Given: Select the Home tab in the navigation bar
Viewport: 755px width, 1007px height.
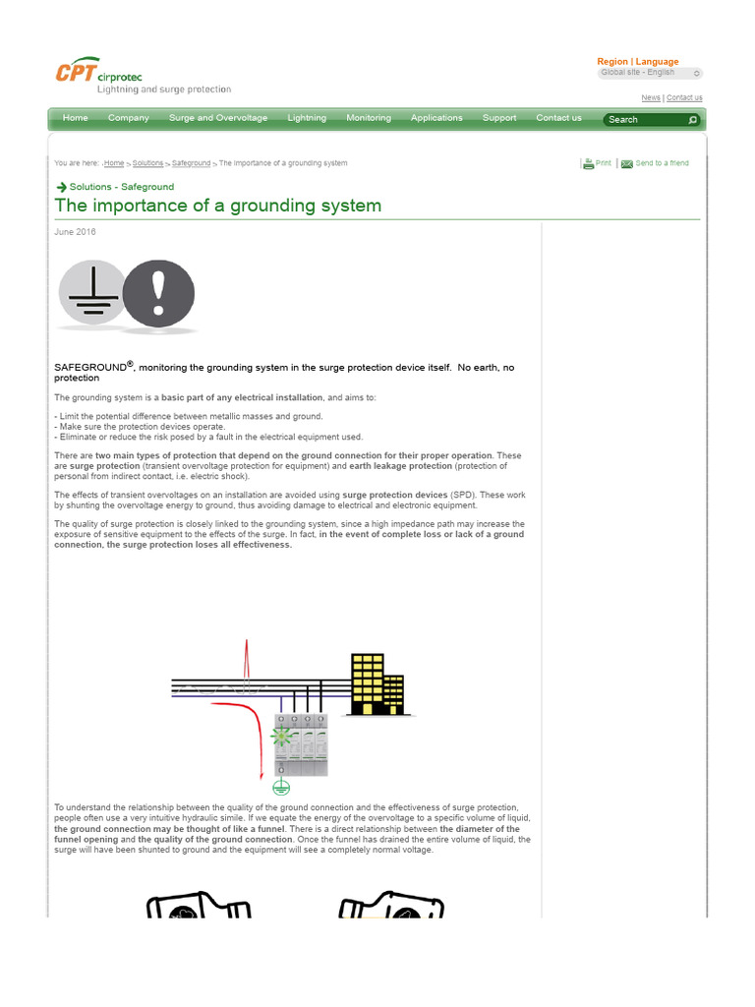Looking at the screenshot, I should click(75, 118).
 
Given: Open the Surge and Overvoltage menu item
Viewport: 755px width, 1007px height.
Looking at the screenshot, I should click(218, 118).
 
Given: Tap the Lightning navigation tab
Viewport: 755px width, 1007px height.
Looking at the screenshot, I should click(307, 118).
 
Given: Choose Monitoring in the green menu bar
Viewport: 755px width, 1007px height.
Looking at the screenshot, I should click(369, 118).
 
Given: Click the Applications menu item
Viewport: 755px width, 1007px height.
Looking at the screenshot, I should click(436, 118).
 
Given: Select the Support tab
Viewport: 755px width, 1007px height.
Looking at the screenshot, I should click(499, 118).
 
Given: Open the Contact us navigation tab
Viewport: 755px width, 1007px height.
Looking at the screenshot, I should click(559, 118).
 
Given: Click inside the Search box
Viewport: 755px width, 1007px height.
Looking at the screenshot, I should click(644, 120).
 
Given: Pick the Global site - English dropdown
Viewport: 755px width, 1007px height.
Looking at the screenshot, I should click(650, 73).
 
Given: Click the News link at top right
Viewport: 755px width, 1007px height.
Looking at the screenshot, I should click(651, 97).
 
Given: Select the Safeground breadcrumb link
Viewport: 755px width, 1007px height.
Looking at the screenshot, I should click(191, 163).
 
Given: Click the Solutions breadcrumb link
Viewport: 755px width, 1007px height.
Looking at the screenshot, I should click(147, 163).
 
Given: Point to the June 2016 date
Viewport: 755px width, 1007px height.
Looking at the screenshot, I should click(76, 232).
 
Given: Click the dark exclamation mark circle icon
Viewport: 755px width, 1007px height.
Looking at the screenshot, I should click(158, 293).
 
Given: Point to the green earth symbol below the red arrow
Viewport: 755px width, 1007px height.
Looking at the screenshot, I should click(281, 787).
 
